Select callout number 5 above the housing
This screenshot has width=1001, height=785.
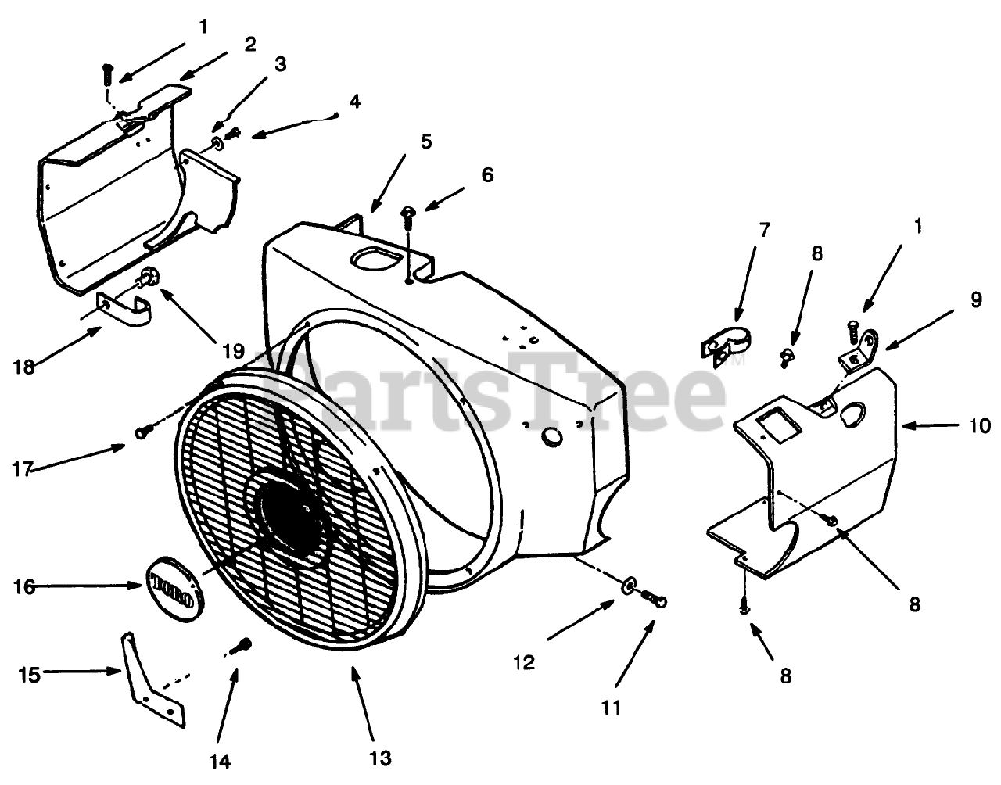point(426,142)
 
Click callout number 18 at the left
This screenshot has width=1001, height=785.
point(24,366)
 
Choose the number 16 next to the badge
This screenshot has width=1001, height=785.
point(25,586)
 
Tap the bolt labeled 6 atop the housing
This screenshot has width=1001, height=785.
point(407,217)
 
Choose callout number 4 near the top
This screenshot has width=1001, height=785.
point(355,102)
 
